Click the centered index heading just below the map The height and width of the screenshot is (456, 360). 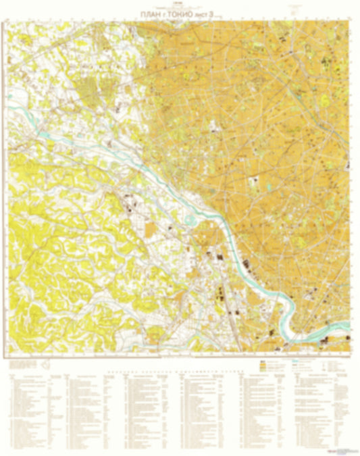(x=180, y=363)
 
